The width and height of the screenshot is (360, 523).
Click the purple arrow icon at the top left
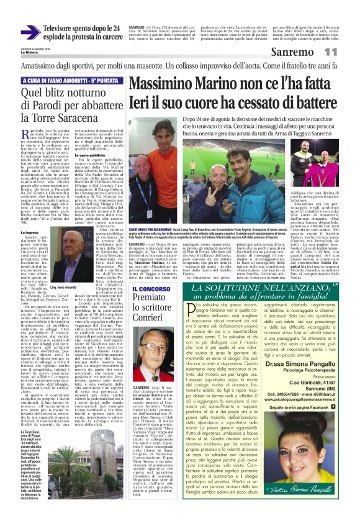click(x=30, y=32)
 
